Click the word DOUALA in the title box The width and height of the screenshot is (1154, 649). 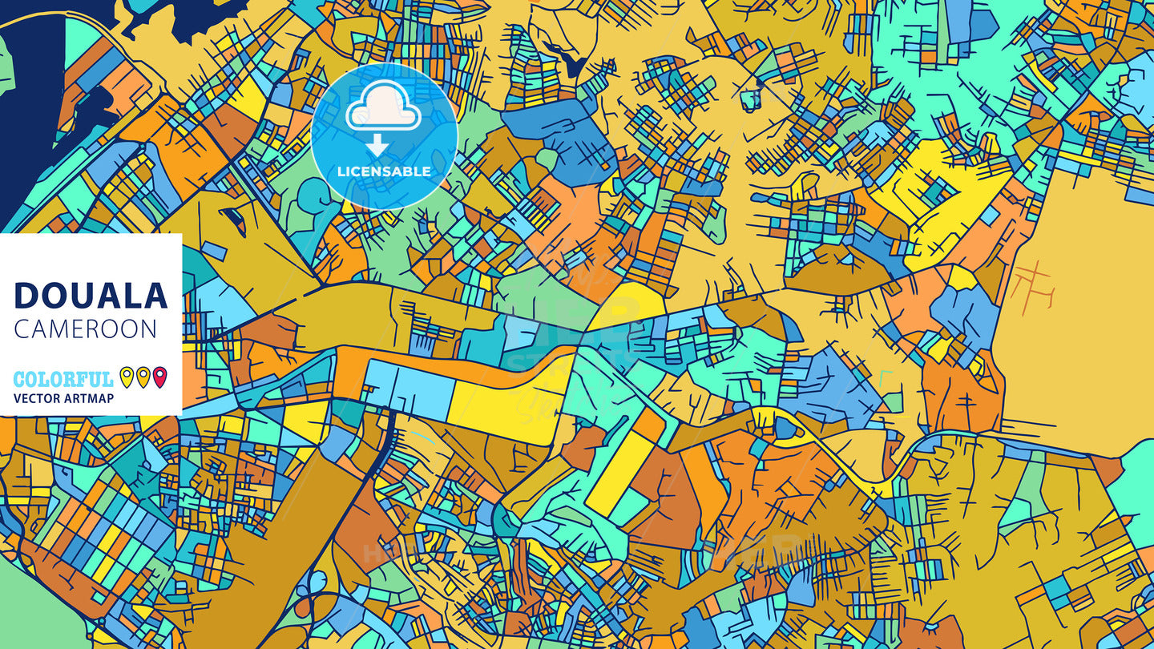click(91, 296)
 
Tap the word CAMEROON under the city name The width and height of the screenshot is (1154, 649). click(86, 329)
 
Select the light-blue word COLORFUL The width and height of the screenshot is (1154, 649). click(63, 379)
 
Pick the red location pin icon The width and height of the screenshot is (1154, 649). click(159, 377)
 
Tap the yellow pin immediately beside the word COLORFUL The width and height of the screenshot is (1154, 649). click(127, 377)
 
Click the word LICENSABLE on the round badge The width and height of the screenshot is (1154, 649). click(384, 171)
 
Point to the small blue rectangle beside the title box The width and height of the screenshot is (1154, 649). click(213, 253)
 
